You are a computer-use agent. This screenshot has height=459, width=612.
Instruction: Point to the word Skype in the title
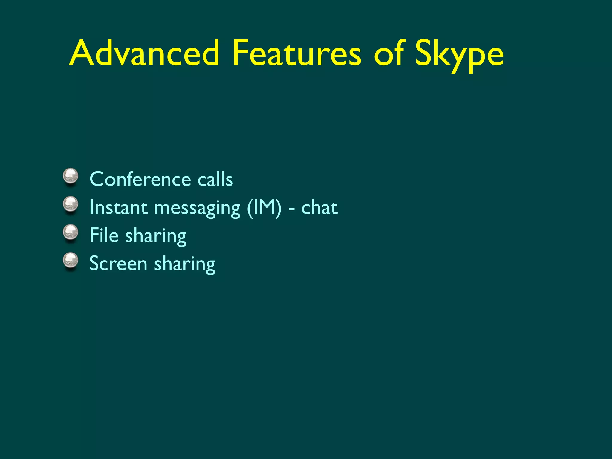[459, 55]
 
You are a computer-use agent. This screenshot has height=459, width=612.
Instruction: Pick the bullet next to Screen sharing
[71, 261]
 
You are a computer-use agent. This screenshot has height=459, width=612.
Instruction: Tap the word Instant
[118, 207]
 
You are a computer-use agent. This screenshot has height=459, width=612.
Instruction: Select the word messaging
[197, 209]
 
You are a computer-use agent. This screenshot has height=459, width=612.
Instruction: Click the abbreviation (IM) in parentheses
[264, 207]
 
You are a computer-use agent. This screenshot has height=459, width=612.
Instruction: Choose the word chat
[319, 207]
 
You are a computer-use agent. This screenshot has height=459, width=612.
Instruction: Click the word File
[104, 235]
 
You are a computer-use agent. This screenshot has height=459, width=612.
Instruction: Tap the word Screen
[118, 264]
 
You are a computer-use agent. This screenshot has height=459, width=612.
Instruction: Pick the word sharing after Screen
[185, 265]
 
